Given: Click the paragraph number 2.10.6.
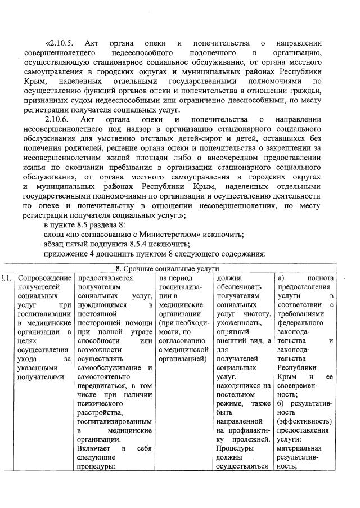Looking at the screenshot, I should tap(57, 119).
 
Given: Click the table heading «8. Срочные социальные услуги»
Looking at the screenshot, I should tap(168, 269).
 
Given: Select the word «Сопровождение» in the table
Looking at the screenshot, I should tap(45, 278).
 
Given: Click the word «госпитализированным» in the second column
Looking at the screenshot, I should tap(115, 421).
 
